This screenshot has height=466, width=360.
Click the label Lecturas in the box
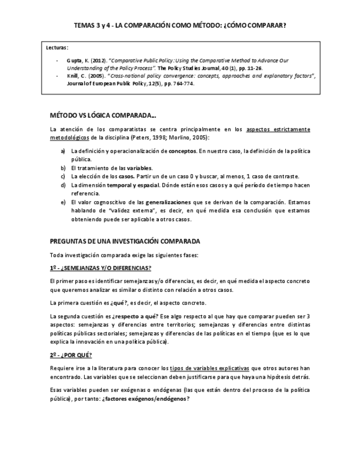click(57, 48)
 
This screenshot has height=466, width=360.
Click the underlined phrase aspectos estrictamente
click(278, 129)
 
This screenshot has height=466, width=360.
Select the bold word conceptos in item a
click(182, 151)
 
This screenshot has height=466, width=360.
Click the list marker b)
click(63, 167)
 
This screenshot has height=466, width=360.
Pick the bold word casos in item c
click(126, 176)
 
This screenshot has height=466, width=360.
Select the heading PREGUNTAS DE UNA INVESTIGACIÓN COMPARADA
click(125, 241)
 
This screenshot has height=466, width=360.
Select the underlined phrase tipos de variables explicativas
click(210, 368)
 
